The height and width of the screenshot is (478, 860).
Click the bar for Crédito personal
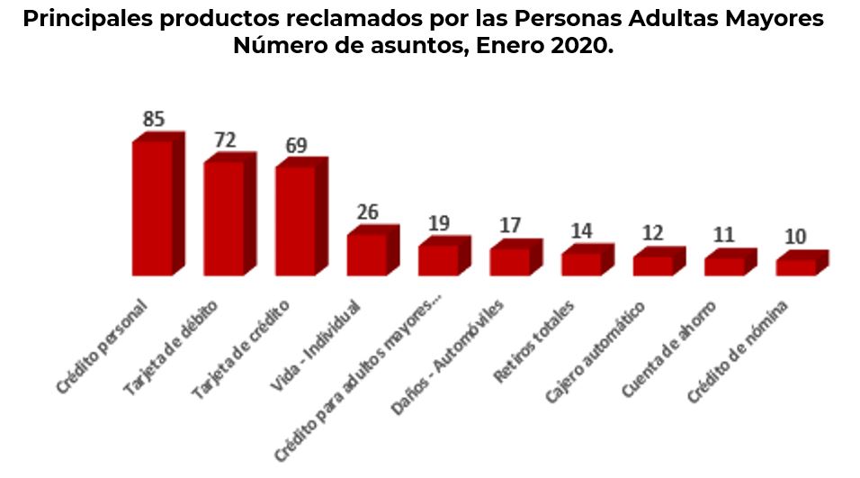click(x=152, y=208)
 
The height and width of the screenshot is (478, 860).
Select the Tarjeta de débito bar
click(x=223, y=219)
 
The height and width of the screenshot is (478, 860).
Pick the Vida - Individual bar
click(x=366, y=254)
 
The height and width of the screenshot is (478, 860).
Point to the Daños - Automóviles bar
click(x=509, y=261)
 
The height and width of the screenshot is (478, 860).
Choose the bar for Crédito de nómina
click(x=795, y=266)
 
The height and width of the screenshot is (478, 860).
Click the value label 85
click(x=153, y=119)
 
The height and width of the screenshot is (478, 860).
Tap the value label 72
click(x=225, y=140)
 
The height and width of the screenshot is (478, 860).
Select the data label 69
click(x=297, y=145)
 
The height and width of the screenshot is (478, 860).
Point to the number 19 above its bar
click(x=438, y=222)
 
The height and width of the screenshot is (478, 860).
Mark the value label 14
click(x=581, y=230)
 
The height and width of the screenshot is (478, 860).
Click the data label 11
click(x=723, y=235)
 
